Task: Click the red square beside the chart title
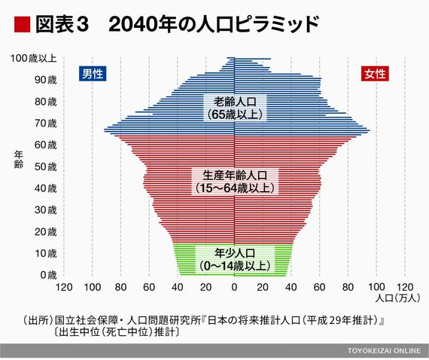pos(22,24)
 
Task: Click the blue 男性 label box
pos(93,74)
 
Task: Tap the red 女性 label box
pos(375,74)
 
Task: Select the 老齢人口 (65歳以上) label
pos(235,108)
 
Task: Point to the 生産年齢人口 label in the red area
pos(235,182)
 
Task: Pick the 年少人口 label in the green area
pos(235,259)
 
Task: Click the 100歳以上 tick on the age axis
pos(33,58)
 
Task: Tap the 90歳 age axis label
pos(45,80)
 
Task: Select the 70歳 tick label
pos(45,124)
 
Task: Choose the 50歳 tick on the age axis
pos(45,166)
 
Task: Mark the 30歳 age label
pos(45,210)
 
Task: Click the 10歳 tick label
pos(45,254)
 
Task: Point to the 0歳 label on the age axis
pos(48,275)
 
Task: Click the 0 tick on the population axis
pos(234,287)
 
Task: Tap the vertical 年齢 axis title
pos(19,160)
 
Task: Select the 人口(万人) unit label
pos(397,297)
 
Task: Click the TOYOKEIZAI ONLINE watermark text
pos(384,351)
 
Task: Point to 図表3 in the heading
pos(62,24)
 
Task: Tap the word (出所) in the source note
pos(38,320)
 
